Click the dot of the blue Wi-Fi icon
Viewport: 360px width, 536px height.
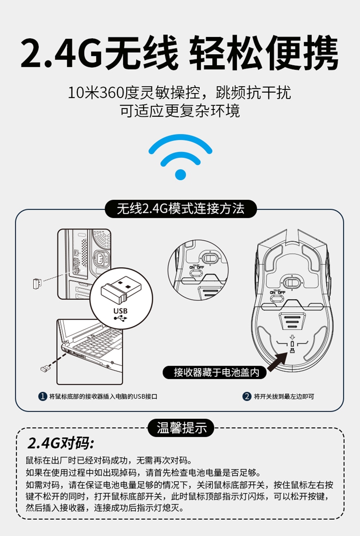[x=180, y=174]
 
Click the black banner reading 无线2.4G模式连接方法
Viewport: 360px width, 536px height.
[x=180, y=208]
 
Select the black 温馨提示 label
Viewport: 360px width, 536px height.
[x=180, y=427]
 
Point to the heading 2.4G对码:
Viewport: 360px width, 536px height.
[x=60, y=443]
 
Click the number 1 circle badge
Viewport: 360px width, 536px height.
[x=42, y=397]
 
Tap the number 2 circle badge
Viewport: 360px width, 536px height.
[x=247, y=397]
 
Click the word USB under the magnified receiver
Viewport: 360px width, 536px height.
[x=120, y=311]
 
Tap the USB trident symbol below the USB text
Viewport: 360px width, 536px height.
[x=120, y=318]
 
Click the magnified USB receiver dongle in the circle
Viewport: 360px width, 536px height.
[x=118, y=288]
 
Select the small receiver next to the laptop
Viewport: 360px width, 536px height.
[x=45, y=368]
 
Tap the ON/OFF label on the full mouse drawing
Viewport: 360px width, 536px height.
[x=277, y=292]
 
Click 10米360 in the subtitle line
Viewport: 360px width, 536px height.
[x=95, y=93]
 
